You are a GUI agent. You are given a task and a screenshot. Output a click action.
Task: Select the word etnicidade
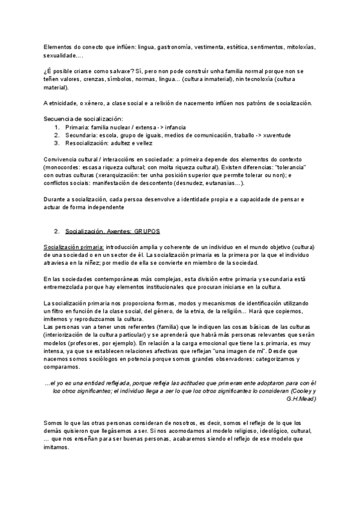(65, 103)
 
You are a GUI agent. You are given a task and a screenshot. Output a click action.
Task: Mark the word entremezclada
(65, 287)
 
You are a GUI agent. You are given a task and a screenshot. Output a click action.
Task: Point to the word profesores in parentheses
(77, 343)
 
